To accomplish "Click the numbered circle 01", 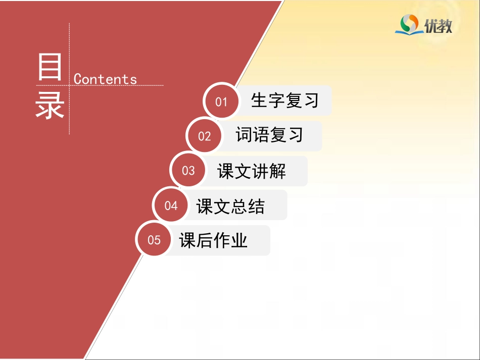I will coord(221,101).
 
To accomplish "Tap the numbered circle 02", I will coord(204,136).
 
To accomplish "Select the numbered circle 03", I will coord(188,171).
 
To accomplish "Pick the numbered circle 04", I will coord(171,205).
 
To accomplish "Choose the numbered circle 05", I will coord(154,240).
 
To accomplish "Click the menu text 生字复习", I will coord(285,100).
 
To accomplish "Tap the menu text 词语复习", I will coord(269,135).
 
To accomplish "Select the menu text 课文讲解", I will coord(252,171).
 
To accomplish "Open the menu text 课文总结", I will coord(230,206).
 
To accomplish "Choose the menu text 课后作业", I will coord(213,240).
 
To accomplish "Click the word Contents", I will coord(105,79).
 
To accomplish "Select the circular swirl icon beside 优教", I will coord(409,23).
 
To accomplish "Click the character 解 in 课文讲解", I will coord(277,171).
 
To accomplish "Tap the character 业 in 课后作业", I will coord(239,240).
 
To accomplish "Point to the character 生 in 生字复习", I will coord(259,100).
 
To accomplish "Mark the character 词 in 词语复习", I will coord(244,135).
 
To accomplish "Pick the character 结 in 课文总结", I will coord(256,206).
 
